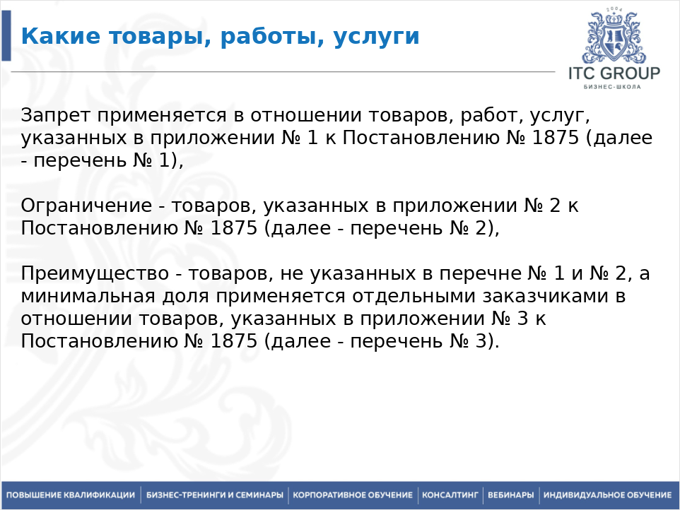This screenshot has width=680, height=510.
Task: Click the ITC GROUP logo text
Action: pos(614,73)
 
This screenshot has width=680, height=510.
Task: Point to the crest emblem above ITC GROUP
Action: pos(614,36)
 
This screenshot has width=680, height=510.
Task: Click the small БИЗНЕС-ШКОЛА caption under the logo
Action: pos(612,87)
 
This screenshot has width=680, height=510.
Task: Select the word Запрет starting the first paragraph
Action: pos(56,116)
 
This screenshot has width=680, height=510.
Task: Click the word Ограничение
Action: pos(86,206)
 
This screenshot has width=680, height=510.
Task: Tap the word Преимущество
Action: pos(95,274)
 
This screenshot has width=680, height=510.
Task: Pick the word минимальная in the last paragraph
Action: pos(88,296)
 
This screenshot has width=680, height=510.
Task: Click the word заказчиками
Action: pos(542,296)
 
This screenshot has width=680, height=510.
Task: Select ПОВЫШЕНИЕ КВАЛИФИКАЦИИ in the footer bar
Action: pos(71,495)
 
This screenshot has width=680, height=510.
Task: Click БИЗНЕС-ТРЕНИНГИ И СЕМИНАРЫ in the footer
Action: pos(215,495)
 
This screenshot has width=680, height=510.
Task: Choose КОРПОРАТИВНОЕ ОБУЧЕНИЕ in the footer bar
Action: pos(353,495)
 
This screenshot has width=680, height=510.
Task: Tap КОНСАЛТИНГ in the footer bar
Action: pos(450,495)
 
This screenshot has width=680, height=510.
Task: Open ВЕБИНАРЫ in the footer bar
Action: pos(511,495)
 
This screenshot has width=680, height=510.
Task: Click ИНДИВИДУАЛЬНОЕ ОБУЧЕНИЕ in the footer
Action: pos(608,495)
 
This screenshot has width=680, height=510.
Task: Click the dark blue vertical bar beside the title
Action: pos(6,35)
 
